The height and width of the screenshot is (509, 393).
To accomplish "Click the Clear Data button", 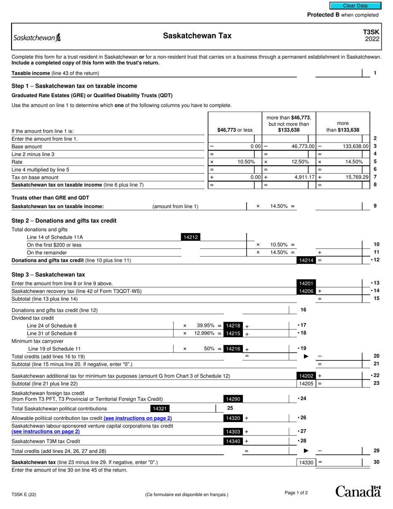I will click(x=355, y=6).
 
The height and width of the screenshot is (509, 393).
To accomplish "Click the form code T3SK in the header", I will click(x=371, y=32).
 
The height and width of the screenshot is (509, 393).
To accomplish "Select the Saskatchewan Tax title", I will click(x=197, y=36).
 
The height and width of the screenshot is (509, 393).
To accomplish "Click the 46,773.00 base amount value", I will click(x=303, y=146).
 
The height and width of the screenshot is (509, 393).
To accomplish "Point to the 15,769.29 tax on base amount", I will click(x=355, y=177).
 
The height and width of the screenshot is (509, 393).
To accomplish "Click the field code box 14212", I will click(x=191, y=237).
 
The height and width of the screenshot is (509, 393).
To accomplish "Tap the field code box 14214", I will click(x=306, y=260).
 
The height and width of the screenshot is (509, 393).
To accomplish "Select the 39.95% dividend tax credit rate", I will click(x=205, y=326).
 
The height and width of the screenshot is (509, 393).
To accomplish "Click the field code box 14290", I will click(x=233, y=399).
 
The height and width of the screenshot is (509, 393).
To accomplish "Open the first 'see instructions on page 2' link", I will click(x=138, y=418).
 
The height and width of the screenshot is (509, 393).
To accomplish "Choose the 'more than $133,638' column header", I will click(x=343, y=127).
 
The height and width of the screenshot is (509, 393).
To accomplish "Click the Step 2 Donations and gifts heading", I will click(x=64, y=221).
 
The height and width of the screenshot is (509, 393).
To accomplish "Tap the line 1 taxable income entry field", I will click(x=338, y=73).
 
